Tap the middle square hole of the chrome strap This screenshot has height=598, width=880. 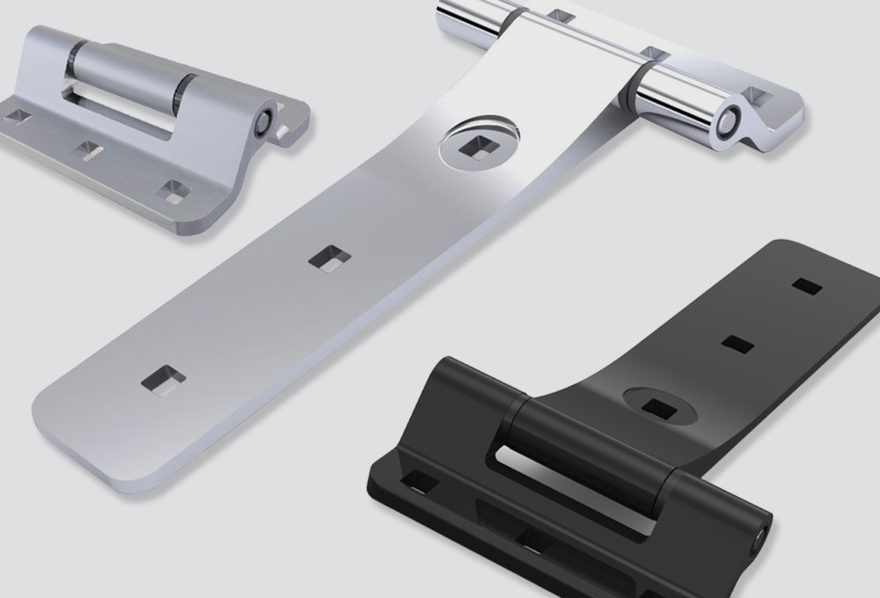[x=330, y=258]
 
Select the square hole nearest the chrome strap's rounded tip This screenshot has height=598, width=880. [x=164, y=380]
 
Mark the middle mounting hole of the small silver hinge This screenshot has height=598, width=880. [x=89, y=149]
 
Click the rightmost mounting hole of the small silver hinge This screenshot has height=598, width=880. [x=174, y=192]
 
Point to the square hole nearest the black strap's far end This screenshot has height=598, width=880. [x=806, y=286]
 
